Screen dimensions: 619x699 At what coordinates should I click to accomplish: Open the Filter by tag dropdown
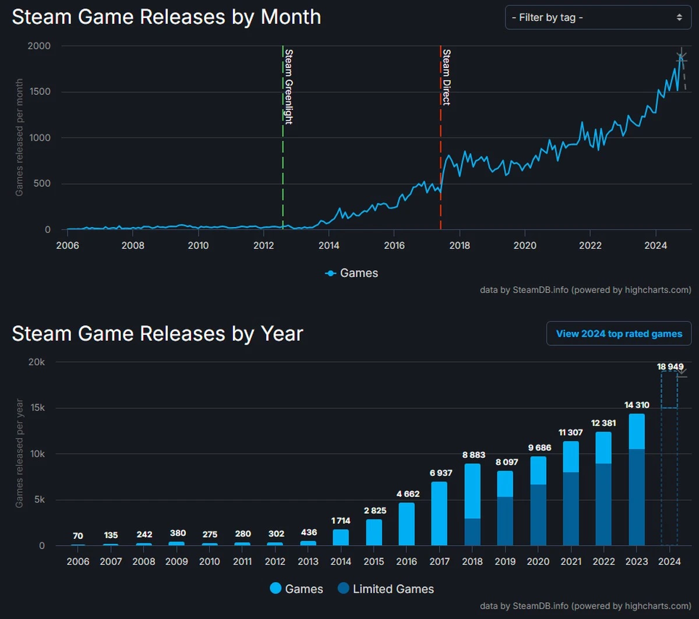[x=598, y=17]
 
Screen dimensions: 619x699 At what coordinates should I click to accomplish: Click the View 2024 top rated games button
[x=619, y=334]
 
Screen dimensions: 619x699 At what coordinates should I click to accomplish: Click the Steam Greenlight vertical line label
[x=288, y=87]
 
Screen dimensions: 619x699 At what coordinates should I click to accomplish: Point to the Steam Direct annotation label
[x=447, y=77]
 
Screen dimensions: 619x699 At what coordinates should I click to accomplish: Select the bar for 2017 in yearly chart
[x=440, y=514]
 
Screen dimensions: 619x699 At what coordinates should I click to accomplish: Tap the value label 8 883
[x=474, y=455]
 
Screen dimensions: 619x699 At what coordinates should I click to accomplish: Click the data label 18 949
[x=670, y=367]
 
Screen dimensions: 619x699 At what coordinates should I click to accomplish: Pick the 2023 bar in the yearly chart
[x=637, y=480]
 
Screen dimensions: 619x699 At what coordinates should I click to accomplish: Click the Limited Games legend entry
[x=386, y=589]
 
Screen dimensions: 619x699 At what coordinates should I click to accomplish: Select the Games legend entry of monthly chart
[x=352, y=273]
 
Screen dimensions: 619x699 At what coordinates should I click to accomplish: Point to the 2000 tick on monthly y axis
[x=39, y=46]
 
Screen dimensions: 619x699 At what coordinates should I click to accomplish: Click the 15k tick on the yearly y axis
[x=37, y=408]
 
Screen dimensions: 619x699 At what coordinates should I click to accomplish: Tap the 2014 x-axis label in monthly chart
[x=329, y=245]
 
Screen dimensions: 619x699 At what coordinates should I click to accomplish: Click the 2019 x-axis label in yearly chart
[x=505, y=561]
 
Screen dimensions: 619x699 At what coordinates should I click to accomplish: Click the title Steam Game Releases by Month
[x=167, y=17]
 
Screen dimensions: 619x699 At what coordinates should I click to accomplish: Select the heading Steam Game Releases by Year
[x=157, y=334]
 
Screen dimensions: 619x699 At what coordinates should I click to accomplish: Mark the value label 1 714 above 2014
[x=341, y=520]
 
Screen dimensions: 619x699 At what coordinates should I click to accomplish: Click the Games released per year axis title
[x=19, y=453]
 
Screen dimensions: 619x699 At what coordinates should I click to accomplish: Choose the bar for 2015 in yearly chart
[x=374, y=533]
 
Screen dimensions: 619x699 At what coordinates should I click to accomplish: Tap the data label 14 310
[x=637, y=405]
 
